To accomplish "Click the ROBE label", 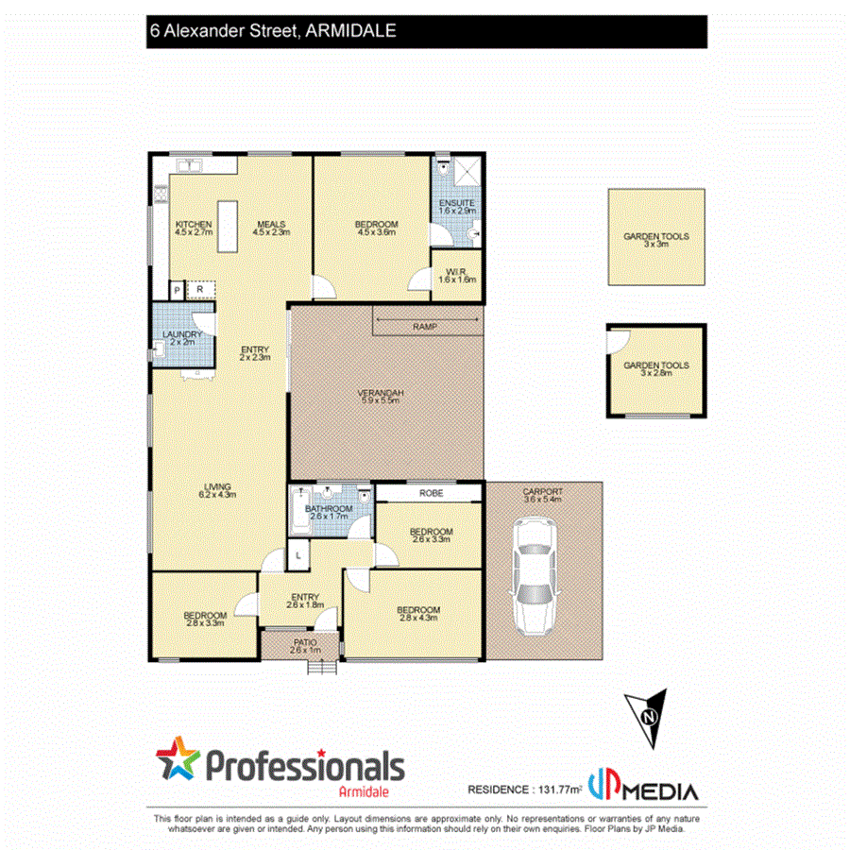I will [430, 493].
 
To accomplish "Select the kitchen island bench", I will [228, 226].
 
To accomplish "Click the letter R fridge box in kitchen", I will [199, 290].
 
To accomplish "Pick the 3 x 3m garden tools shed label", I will [655, 240].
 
